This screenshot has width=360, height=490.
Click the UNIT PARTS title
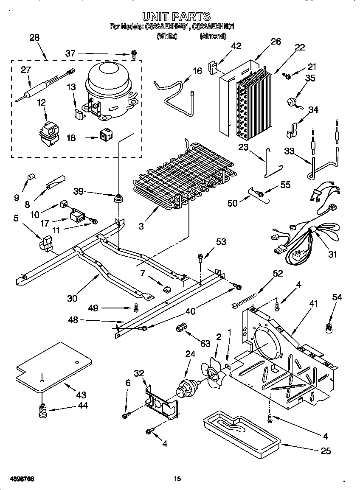[x=176, y=17]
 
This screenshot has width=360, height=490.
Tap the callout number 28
[x=34, y=38]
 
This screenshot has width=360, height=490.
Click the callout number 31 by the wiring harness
[x=332, y=255]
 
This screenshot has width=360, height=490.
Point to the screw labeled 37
[x=134, y=54]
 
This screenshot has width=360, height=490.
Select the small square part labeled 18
[x=104, y=135]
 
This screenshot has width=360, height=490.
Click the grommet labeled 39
[x=118, y=198]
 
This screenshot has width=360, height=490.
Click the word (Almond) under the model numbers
[x=213, y=36]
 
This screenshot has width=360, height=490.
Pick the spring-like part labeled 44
[x=42, y=411]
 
